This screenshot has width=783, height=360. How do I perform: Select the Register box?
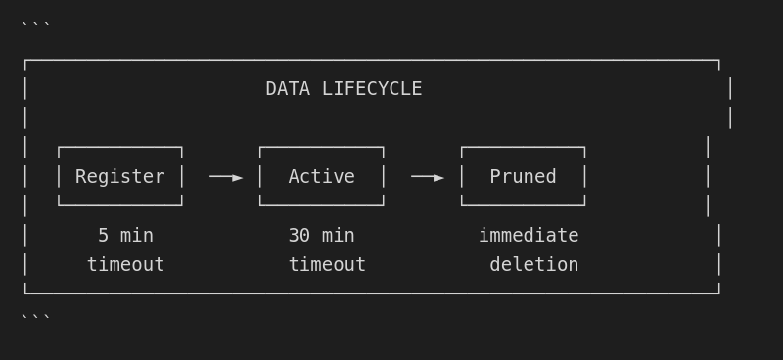(120, 176)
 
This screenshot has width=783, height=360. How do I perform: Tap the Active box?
(321, 176)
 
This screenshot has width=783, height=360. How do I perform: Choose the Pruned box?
(523, 176)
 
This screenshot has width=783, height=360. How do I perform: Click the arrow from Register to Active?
(226, 177)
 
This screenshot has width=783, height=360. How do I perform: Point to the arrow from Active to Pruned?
(428, 177)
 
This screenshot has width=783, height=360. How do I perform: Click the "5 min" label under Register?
(125, 236)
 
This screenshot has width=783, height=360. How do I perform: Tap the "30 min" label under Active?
(321, 236)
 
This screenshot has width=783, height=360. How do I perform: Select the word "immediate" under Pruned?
(529, 236)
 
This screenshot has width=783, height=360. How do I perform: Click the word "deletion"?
(533, 265)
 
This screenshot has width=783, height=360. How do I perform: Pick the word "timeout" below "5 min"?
(125, 265)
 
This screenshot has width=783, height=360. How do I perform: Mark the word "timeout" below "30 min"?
(327, 265)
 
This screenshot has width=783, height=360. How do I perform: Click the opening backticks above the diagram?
(35, 25)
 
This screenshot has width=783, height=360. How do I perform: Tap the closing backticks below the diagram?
(35, 316)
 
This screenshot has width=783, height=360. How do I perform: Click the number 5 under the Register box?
(103, 236)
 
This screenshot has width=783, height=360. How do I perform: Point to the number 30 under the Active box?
(299, 236)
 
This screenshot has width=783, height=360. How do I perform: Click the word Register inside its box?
(120, 177)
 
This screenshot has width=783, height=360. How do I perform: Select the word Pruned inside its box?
(523, 177)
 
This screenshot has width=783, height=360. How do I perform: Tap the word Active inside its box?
(321, 177)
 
